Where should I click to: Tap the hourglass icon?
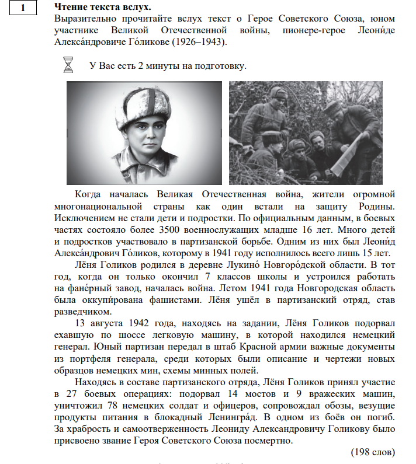tap(68, 65)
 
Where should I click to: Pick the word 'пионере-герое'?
tap(306, 32)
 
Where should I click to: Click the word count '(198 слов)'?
tap(373, 452)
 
